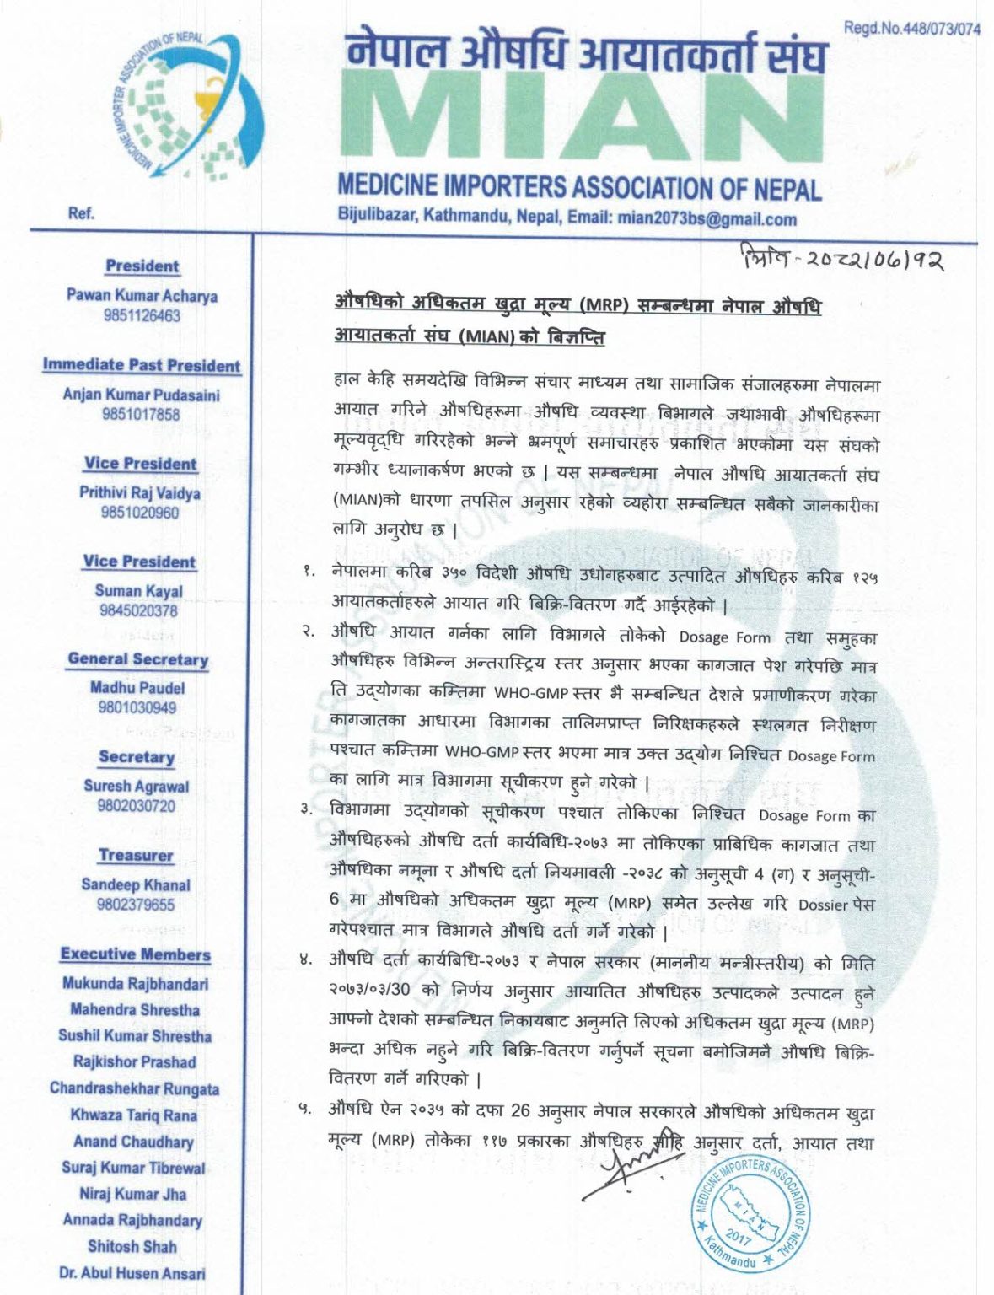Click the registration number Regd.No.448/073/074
911,29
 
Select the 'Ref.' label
81,213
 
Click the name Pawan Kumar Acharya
142,296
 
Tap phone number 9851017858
141,414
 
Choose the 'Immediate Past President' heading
142,365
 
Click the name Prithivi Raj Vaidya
140,492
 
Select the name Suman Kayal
139,591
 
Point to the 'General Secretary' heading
138,659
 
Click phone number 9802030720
137,806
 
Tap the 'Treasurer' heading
136,855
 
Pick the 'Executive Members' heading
136,954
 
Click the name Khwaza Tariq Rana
134,1115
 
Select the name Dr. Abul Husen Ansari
132,1273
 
